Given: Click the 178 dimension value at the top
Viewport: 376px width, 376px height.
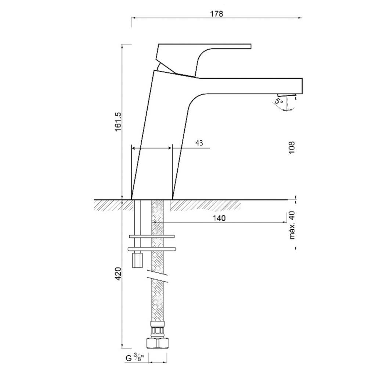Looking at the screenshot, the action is point(217,14).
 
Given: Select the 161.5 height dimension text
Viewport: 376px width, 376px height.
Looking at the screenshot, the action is point(119,122).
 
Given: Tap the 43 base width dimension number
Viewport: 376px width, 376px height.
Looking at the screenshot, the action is point(199,143).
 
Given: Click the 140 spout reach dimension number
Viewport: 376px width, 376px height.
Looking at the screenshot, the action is point(219,218).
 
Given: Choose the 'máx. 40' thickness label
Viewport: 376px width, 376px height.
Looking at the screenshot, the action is point(292,225).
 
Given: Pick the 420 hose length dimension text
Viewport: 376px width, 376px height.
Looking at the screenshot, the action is point(119,274).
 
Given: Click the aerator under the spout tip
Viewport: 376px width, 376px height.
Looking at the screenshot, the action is point(286,95).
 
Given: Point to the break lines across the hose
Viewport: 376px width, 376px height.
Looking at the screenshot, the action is point(157,276).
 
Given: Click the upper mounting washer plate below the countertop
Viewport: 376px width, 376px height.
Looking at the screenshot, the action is point(152,236).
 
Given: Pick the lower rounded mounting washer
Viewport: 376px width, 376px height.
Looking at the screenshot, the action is point(152,249).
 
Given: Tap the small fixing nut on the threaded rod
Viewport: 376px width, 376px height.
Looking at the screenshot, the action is point(138,260).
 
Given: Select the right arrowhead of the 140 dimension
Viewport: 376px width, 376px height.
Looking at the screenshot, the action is point(285,222).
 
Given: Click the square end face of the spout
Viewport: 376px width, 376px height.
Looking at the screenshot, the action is point(302,86).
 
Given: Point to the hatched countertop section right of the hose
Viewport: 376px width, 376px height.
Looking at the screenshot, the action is point(205,205).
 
